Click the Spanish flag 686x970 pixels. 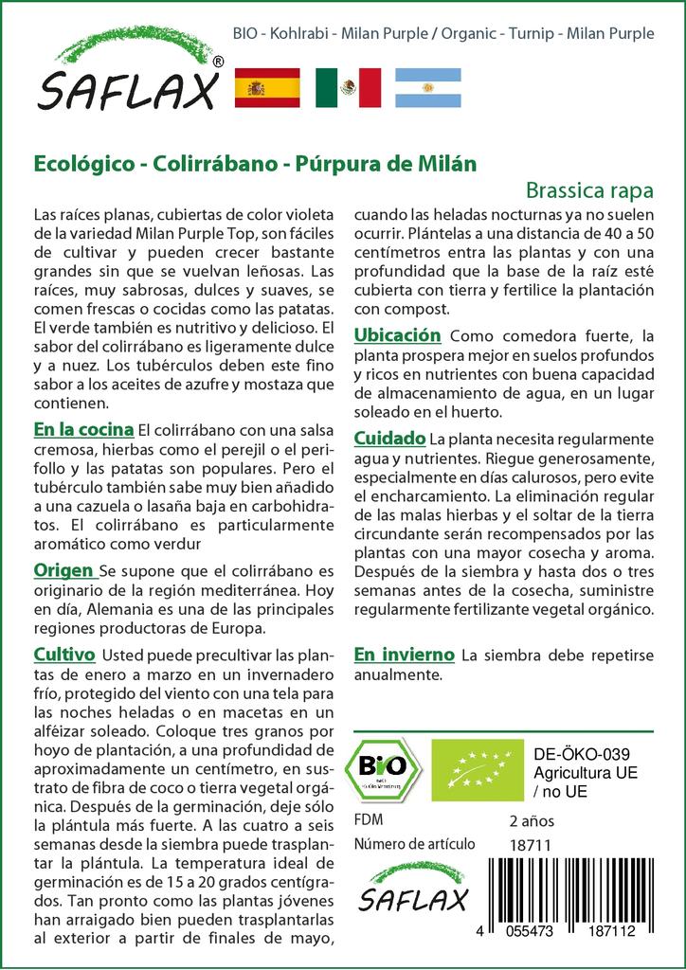266,87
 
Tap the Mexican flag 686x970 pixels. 348,87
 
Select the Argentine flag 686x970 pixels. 427,87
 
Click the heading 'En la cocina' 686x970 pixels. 82,430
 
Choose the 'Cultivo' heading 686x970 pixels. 63,655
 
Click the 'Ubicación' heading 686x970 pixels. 397,335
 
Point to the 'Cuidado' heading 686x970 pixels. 388,439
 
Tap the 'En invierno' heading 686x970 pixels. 404,655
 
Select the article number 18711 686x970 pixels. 530,845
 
